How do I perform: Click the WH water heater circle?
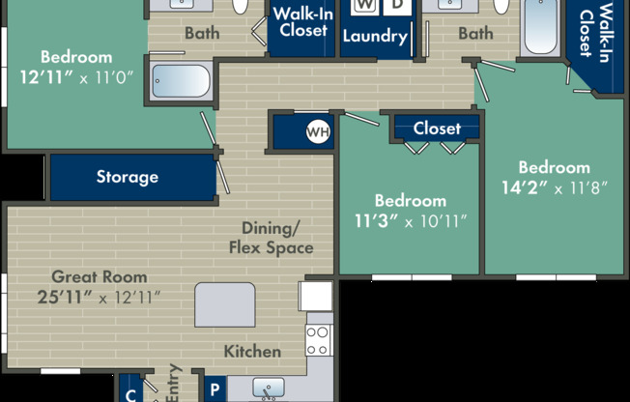pos(318,131)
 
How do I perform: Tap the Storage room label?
pos(128,177)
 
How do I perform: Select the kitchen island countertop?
pos(225,304)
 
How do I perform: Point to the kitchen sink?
pos(269,388)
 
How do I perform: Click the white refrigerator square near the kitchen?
pos(315,296)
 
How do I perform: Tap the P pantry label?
pos(215,389)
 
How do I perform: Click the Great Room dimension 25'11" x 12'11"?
pos(99,298)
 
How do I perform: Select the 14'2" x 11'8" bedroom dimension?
pos(555,187)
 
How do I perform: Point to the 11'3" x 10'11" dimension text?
pos(411,220)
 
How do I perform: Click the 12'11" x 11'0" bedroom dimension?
pos(76,77)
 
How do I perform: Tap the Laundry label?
pos(375,37)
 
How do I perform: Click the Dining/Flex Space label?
pos(272,239)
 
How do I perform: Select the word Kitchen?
pos(252,352)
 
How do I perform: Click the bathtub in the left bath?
pos(182,81)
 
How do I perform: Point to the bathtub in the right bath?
pos(541,26)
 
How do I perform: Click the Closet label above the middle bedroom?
pos(437,129)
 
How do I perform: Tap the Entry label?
pos(173,383)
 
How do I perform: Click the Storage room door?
pos(223,177)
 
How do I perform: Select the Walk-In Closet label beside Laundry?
pos(303,22)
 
